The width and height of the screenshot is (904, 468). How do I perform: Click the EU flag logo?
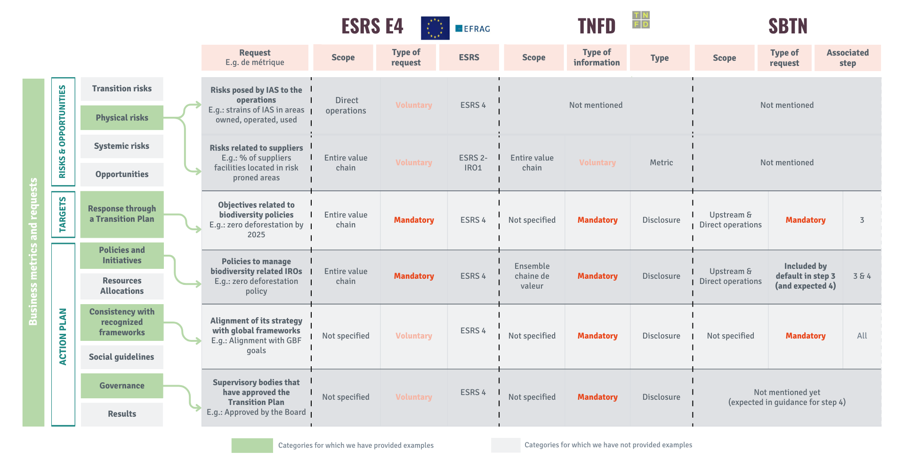click(435, 28)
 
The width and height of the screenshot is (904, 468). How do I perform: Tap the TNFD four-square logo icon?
click(641, 20)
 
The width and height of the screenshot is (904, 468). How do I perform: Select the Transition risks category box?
click(122, 89)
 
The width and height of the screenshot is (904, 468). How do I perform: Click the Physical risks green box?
click(122, 118)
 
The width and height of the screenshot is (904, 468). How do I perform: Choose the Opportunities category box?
click(122, 174)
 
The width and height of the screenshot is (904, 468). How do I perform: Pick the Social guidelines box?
click(122, 357)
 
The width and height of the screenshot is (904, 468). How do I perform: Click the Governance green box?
click(122, 386)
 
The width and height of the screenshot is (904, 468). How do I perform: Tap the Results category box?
click(122, 414)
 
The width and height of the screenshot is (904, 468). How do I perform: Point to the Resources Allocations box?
click(122, 286)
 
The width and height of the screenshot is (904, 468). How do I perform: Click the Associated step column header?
click(847, 58)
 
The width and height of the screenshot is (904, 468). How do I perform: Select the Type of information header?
click(597, 57)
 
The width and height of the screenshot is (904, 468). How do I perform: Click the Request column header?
click(255, 57)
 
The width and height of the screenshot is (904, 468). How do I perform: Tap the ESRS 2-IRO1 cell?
click(473, 163)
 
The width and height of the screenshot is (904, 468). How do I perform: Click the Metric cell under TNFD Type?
click(661, 162)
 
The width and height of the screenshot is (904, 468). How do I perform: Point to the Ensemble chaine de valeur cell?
click(532, 276)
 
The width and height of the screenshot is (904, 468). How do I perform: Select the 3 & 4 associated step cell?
click(862, 276)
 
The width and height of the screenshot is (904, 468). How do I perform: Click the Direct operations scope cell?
click(346, 105)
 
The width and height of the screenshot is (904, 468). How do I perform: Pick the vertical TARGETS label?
click(63, 215)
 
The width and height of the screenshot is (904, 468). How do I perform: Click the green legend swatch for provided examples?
click(252, 445)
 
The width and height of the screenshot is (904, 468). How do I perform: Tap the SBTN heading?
click(788, 26)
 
